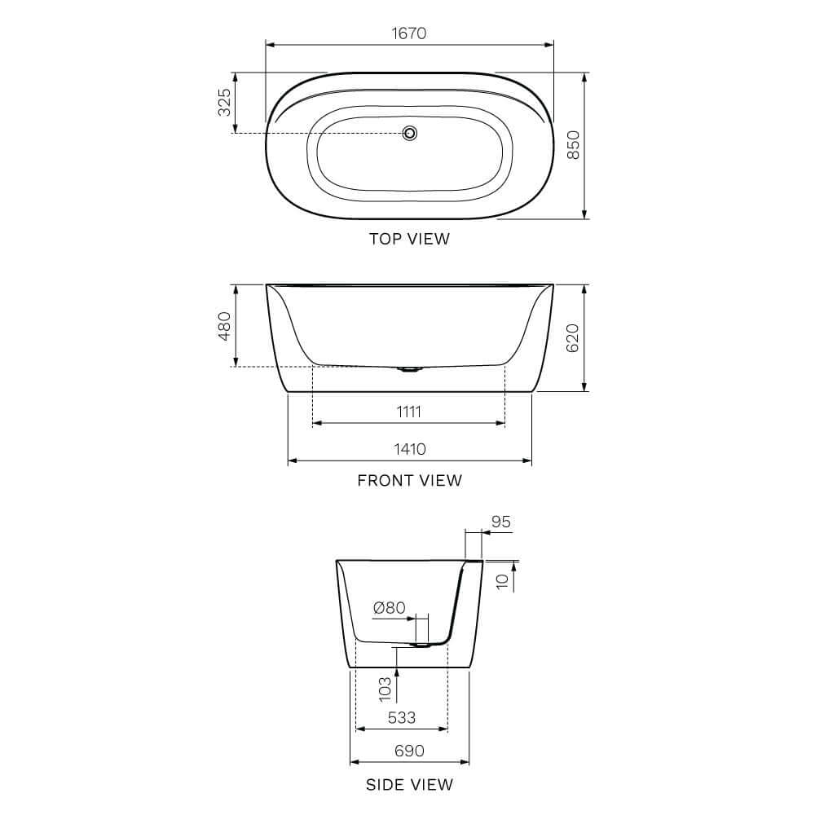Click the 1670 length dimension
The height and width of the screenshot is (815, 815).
point(409,33)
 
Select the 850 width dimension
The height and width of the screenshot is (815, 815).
point(573,145)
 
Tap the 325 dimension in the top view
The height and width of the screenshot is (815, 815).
point(224,103)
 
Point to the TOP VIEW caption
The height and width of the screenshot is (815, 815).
point(409,239)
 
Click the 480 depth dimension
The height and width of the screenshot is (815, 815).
point(224,326)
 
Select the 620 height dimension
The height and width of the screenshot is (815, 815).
point(573,337)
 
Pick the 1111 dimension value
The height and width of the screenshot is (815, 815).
point(409,412)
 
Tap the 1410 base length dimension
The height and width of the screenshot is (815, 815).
point(409,449)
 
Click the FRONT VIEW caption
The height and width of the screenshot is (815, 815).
point(409,480)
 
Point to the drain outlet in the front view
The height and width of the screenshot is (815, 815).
point(410,369)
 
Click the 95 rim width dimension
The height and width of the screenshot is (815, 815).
point(501,522)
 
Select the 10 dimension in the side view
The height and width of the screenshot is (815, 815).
point(503,579)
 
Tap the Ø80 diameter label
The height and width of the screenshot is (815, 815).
point(389,608)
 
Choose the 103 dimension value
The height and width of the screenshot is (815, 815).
point(385,688)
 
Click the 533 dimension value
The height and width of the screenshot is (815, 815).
point(401,717)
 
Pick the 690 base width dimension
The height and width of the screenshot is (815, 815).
point(409,751)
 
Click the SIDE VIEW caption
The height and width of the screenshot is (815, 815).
point(409,785)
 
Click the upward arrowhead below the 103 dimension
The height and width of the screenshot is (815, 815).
point(397,672)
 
